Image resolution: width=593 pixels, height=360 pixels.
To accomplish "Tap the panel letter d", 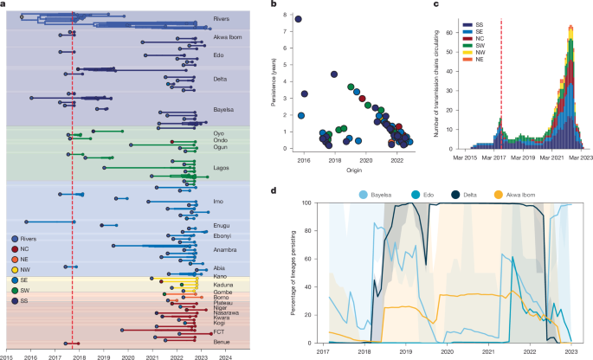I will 274,190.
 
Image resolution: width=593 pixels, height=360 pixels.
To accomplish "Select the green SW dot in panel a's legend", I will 12,290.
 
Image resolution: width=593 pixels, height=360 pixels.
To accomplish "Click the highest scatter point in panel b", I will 299,19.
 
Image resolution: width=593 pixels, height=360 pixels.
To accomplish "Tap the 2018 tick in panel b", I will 335,161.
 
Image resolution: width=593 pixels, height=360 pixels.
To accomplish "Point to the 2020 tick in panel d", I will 447,352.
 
